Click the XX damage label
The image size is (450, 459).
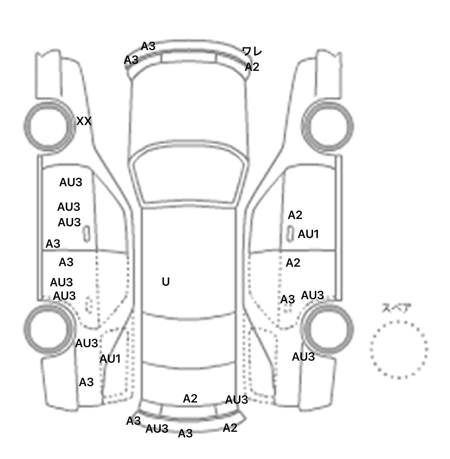tap(84, 121)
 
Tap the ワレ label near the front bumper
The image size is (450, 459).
tap(252, 52)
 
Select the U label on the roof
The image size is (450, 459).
tap(166, 282)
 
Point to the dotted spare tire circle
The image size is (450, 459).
tap(399, 350)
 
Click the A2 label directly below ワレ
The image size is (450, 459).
tap(252, 67)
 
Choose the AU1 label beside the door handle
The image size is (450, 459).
tap(308, 234)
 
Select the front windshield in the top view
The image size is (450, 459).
tap(189, 176)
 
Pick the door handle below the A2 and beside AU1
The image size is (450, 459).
tap(290, 234)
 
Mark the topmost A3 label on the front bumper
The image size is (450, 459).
tap(148, 46)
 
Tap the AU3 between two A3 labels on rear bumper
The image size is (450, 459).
tap(157, 429)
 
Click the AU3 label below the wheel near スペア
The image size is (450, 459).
tap(303, 357)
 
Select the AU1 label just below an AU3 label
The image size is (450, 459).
tap(110, 359)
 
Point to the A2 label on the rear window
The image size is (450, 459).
tap(190, 398)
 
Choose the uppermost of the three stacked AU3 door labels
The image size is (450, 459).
tap(71, 182)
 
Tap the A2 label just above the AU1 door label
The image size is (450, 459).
tap(295, 215)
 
